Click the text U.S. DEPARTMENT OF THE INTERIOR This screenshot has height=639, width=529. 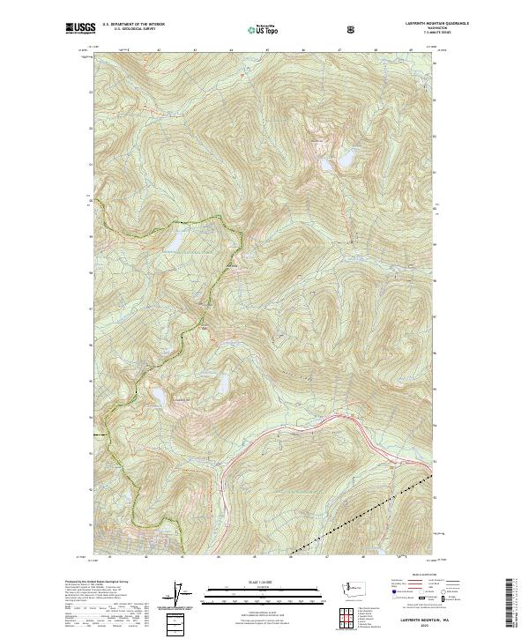tap(133, 24)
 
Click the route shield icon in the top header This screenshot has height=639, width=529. tap(352, 29)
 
